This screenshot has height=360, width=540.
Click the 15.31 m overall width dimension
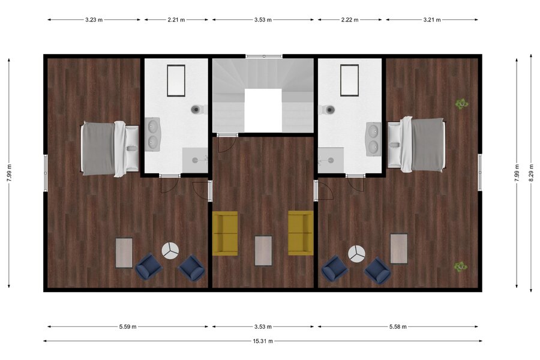[263, 341]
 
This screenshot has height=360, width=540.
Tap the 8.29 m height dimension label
[530, 172]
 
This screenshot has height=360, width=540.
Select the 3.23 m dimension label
[94, 20]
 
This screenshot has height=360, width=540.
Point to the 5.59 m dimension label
[128, 326]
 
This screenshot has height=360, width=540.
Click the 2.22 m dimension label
[350, 20]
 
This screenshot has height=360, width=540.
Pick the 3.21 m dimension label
[432, 20]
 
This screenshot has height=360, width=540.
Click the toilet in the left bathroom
[199, 110]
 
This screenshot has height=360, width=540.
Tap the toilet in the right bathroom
[327, 110]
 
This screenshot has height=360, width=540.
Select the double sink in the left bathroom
[152, 134]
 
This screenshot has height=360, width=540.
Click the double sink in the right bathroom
[373, 139]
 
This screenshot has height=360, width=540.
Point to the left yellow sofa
[225, 233]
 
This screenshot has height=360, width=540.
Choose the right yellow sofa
[301, 233]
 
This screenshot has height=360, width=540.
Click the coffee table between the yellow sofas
[263, 250]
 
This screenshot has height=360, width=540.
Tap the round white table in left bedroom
[170, 250]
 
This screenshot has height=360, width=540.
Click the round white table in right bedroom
[356, 254]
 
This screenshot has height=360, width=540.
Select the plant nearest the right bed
[461, 103]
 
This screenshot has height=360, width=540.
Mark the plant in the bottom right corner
[460, 266]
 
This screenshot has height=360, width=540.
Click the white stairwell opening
[263, 110]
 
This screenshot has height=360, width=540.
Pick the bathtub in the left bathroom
[176, 80]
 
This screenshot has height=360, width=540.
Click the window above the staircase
[264, 56]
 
